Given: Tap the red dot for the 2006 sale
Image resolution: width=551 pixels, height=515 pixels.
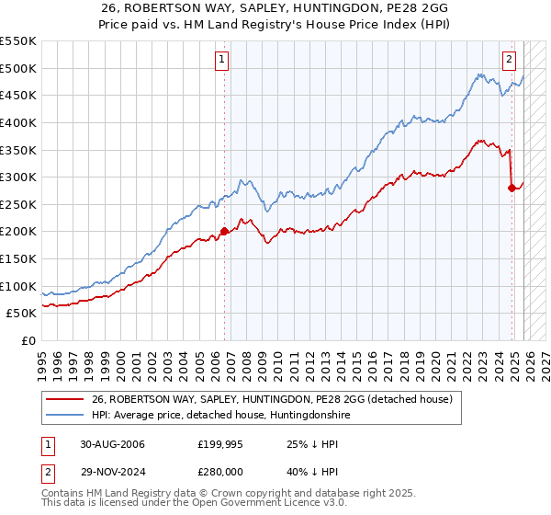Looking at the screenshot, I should pyautogui.click(x=225, y=232).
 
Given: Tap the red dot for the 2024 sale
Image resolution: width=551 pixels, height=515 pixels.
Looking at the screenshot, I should pyautogui.click(x=512, y=188).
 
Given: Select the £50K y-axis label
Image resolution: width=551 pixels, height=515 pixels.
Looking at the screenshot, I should pyautogui.click(x=22, y=313).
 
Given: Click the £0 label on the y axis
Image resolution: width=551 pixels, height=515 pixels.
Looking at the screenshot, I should pyautogui.click(x=28, y=340).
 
